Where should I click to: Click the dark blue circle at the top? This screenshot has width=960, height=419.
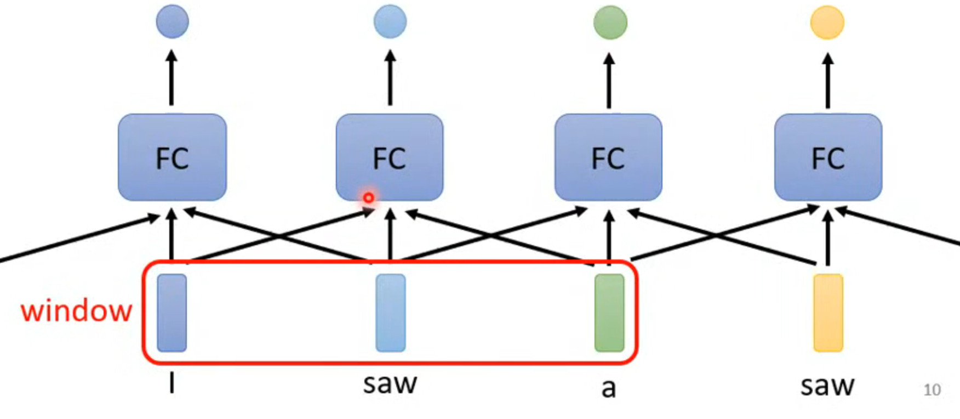(173, 22)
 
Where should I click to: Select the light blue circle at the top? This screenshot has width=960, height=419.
(390, 22)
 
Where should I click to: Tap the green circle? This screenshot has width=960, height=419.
(610, 22)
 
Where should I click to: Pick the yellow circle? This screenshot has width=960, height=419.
(827, 22)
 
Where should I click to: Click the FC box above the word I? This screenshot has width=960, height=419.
(172, 157)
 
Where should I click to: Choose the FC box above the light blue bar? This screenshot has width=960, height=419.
(390, 157)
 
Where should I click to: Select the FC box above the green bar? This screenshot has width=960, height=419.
(608, 157)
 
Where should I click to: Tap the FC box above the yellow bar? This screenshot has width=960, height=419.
(828, 157)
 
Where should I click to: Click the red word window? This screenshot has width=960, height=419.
(77, 311)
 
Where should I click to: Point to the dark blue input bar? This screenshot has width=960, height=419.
(172, 313)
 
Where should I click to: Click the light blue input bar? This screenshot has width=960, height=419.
(391, 313)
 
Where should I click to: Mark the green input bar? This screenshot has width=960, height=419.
(609, 313)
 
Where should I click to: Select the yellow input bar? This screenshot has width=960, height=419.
(828, 313)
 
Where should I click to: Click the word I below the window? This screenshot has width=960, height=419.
(172, 383)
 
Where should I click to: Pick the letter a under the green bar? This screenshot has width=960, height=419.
(609, 388)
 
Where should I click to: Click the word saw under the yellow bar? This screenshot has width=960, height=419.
(827, 386)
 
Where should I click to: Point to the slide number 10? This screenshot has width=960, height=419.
(932, 390)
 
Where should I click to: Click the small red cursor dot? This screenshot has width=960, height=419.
(369, 197)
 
